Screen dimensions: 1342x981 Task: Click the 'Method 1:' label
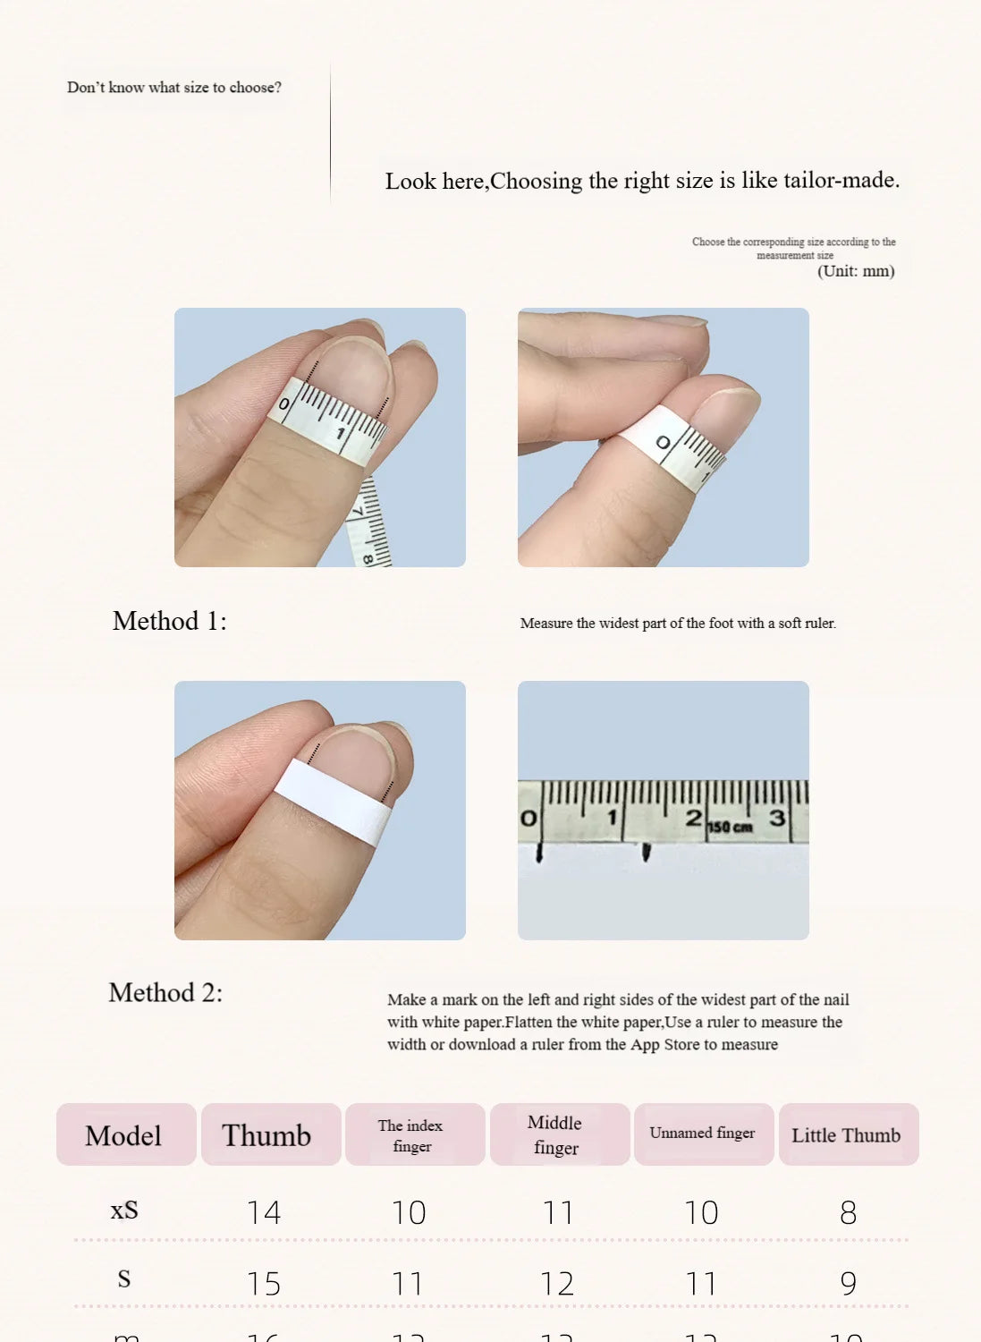click(x=169, y=621)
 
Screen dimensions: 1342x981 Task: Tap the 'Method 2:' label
click(x=165, y=992)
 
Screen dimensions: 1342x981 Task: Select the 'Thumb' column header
click(x=266, y=1135)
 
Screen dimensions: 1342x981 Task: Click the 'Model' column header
click(x=123, y=1135)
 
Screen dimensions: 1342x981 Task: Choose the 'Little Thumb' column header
click(x=846, y=1135)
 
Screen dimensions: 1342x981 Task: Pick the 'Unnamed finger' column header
click(x=702, y=1134)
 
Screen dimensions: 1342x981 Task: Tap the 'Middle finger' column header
click(x=555, y=1135)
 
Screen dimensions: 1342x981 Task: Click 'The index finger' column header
click(x=410, y=1135)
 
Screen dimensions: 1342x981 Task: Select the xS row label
click(x=124, y=1210)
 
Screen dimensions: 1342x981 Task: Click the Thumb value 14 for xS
click(x=264, y=1213)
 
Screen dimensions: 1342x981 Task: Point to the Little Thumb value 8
click(x=848, y=1213)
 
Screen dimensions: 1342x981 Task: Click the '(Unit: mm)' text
click(x=856, y=271)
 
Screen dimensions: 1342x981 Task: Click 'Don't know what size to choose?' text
click(x=174, y=88)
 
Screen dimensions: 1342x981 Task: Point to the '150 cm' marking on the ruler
click(x=730, y=828)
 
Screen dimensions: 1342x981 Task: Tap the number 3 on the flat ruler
click(x=776, y=818)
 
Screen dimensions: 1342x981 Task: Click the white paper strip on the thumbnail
click(x=333, y=802)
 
